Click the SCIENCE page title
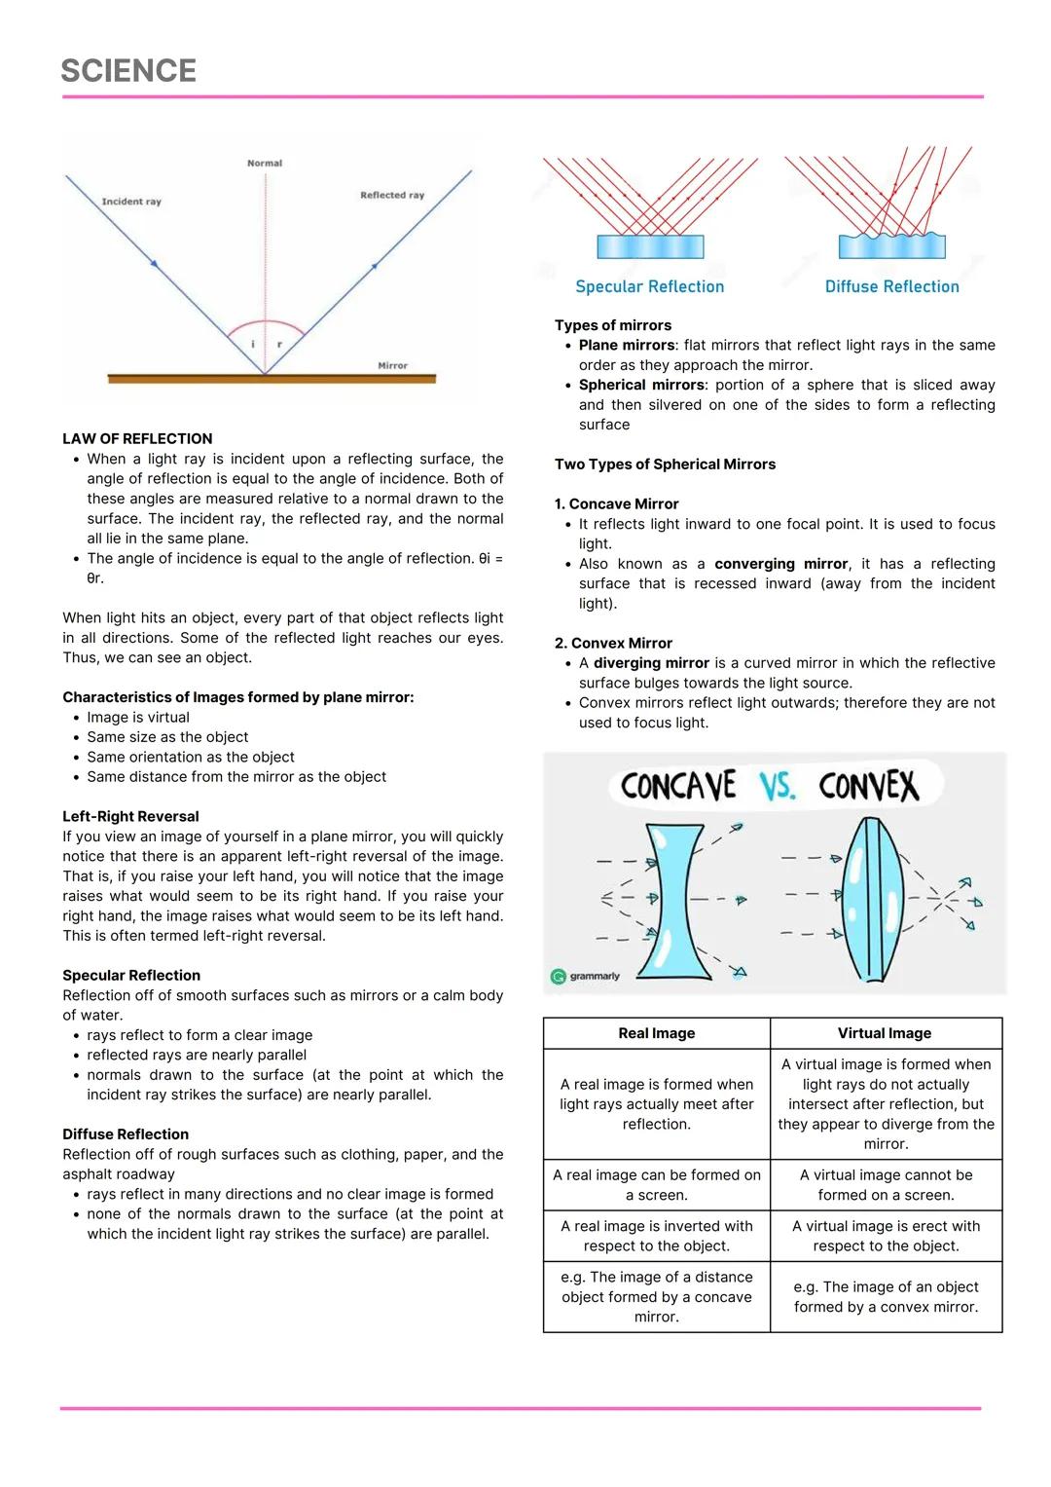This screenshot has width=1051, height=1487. point(128,70)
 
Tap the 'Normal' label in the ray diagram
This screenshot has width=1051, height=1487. point(265,164)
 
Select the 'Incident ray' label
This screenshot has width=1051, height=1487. point(131,202)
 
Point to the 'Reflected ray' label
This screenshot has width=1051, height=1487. point(392,195)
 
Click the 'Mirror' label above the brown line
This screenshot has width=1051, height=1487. point(392,365)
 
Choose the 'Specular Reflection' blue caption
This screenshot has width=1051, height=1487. point(649,286)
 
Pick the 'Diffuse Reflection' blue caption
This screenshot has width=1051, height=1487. point(891,286)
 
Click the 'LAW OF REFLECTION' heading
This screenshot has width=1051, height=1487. point(137,439)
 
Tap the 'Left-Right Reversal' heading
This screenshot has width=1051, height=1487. point(130,816)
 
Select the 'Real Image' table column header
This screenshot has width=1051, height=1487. point(657,1033)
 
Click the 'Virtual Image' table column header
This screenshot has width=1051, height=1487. point(885,1033)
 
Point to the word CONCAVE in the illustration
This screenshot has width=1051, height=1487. point(678,786)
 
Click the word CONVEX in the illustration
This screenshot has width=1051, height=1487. point(868,786)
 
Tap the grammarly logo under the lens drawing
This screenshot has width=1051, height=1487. point(586,976)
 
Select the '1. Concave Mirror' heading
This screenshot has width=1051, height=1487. point(616,503)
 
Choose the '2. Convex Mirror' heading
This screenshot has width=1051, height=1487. point(613,643)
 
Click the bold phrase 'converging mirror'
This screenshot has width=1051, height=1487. point(780,564)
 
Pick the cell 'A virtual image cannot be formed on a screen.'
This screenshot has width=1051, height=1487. point(886,1185)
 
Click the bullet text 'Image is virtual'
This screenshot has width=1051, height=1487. point(138,717)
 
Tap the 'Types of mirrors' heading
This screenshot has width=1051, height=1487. point(613,325)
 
